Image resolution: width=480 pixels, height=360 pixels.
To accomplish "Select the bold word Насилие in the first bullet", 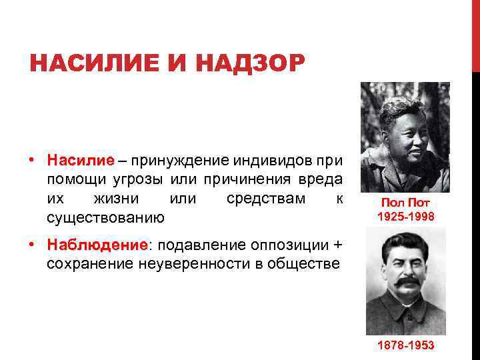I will pyautogui.click(x=81, y=161).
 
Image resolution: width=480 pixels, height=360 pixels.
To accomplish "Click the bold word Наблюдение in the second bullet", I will pyautogui.click(x=96, y=245).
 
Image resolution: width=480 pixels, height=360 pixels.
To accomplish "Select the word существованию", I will pyautogui.click(x=105, y=218).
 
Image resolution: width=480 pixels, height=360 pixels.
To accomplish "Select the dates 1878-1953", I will pyautogui.click(x=405, y=345).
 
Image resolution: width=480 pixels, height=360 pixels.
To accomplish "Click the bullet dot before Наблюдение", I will pyautogui.click(x=32, y=245).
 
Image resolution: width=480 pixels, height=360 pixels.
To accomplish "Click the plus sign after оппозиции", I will pyautogui.click(x=337, y=245).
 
